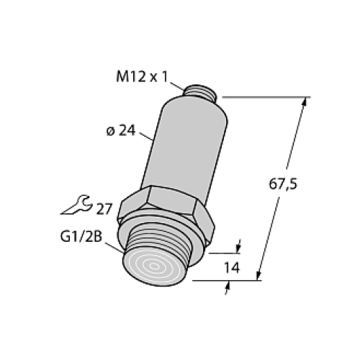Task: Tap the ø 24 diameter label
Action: (119, 130)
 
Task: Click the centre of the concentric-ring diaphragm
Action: (157, 267)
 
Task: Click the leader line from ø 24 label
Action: (145, 135)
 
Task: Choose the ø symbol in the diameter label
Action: (109, 131)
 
